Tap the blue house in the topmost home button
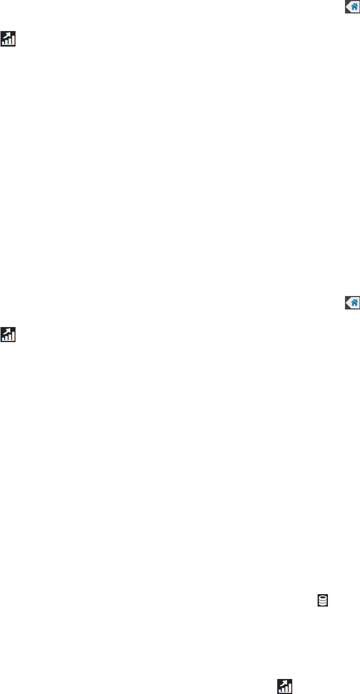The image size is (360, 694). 354,7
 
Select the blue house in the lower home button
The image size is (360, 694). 354,303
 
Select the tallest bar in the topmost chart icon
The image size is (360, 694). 13,41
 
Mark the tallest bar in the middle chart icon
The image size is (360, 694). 13,337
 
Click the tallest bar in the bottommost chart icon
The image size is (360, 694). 290,689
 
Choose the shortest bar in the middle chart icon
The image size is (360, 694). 5,339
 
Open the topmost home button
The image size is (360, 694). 352,7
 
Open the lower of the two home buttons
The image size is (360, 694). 352,303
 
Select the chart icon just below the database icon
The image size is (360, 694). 285,686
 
